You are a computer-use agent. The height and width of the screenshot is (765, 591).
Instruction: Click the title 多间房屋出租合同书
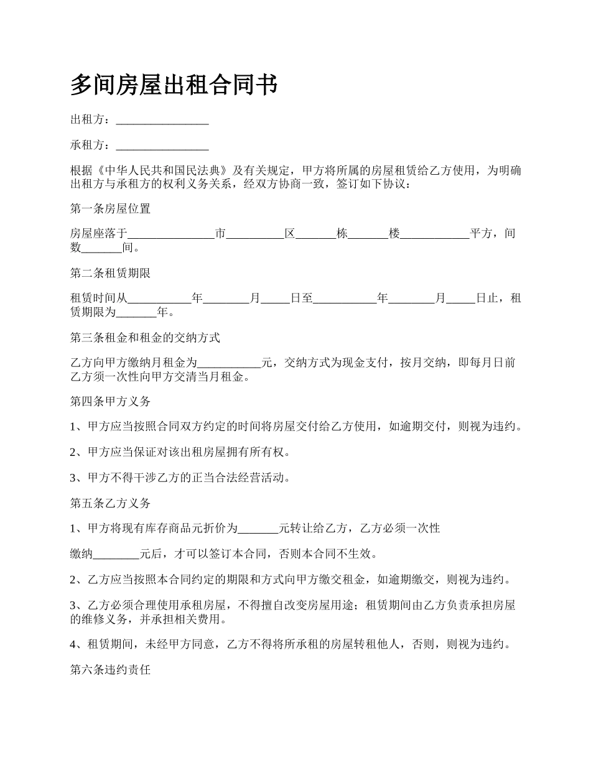174,85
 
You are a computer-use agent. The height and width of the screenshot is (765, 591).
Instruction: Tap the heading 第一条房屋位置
110,208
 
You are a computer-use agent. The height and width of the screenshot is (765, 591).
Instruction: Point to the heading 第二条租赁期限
110,273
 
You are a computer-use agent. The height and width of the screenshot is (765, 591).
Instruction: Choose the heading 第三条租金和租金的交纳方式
145,338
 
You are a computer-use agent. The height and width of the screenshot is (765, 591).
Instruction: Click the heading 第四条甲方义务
110,402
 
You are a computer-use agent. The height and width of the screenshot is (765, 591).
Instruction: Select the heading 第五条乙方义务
110,503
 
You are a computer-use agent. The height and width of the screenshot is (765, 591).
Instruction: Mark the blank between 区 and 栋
315,235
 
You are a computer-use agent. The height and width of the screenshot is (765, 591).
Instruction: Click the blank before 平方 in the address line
435,235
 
